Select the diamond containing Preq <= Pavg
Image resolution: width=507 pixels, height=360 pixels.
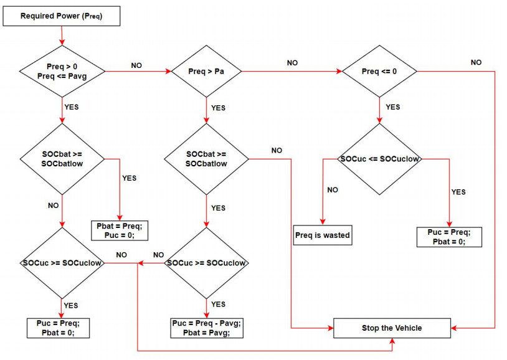62,72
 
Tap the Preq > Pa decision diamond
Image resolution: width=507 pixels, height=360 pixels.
206,72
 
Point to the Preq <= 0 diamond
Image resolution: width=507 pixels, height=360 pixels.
379,72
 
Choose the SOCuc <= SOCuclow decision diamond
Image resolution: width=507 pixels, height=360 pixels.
379,159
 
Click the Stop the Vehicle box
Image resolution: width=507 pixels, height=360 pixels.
392,328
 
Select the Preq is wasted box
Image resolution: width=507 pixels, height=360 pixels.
322,235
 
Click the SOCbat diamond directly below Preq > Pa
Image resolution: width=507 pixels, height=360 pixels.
206,159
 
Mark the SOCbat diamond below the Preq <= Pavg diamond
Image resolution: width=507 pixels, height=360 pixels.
62,159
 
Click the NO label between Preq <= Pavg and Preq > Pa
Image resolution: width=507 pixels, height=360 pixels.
136,65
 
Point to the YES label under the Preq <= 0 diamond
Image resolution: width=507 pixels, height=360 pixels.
393,107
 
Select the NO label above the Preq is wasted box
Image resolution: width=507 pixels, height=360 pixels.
333,189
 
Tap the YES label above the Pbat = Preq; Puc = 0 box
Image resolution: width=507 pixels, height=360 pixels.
129,178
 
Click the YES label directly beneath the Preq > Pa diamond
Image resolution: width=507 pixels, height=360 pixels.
218,108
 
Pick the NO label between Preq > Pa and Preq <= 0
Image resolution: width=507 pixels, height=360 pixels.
292,63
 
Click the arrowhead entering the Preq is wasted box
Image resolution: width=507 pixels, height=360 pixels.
322,221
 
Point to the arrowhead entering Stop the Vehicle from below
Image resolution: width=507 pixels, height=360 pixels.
392,341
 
